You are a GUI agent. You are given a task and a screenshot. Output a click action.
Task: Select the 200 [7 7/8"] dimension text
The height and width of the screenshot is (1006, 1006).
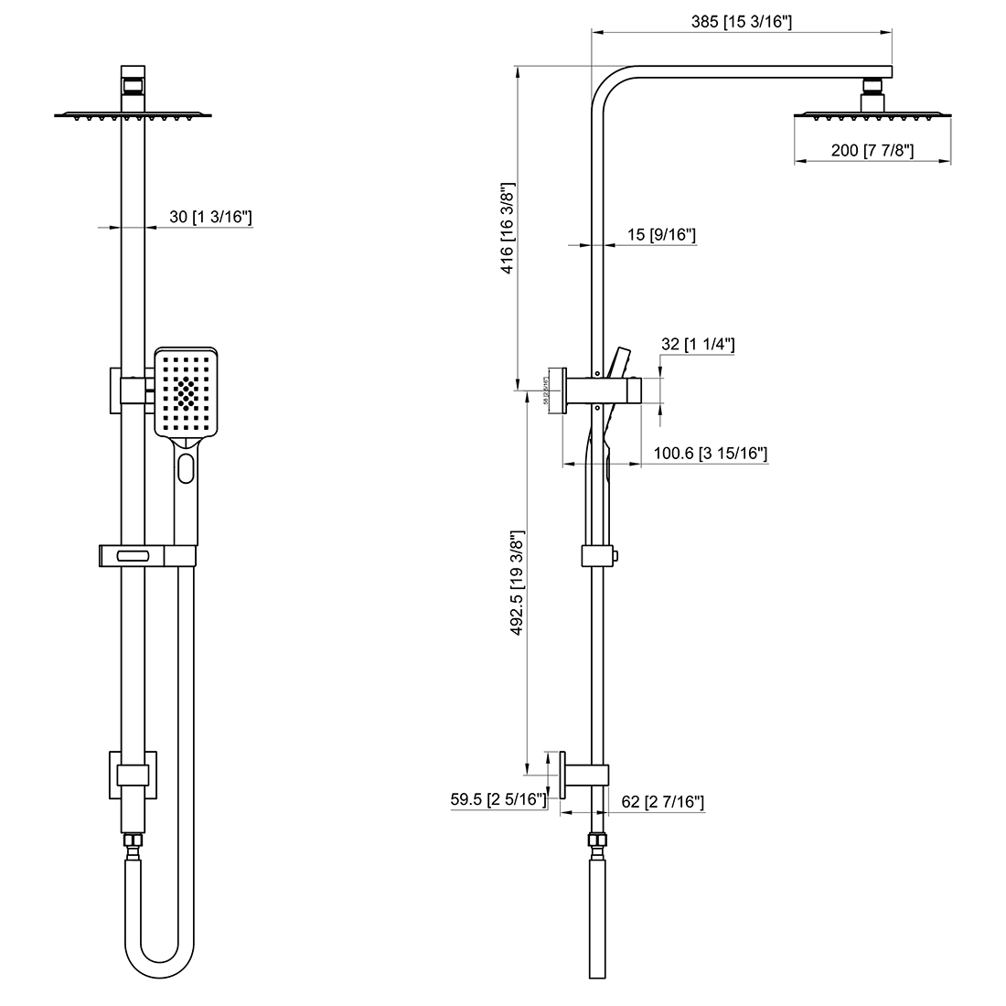tap(872, 151)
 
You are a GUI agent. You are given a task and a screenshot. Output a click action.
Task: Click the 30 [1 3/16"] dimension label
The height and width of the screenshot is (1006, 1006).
tap(210, 217)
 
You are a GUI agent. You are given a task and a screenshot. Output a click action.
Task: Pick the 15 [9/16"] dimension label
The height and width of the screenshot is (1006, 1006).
tap(661, 235)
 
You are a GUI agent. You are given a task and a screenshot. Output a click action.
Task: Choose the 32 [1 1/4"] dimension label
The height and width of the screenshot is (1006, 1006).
tap(698, 344)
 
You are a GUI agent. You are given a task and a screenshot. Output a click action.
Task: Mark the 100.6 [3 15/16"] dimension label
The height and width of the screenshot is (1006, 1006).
tap(710, 453)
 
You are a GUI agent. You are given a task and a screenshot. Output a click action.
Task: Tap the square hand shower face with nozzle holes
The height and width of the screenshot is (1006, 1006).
tap(187, 393)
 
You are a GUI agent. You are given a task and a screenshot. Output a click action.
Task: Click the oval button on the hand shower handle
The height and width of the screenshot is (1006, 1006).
tap(187, 468)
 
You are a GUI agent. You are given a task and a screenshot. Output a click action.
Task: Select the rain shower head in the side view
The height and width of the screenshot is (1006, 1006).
tap(872, 115)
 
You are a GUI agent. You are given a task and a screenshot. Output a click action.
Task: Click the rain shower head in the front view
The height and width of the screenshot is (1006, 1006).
tap(134, 115)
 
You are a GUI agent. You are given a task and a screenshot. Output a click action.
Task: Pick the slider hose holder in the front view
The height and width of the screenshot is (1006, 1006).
tap(146, 555)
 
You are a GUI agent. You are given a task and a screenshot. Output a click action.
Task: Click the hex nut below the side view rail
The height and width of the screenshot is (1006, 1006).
tap(597, 840)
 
